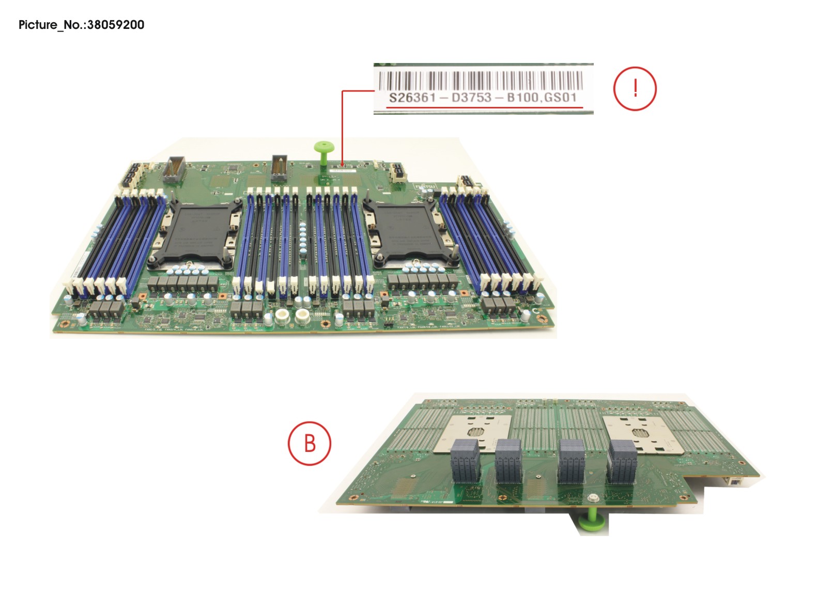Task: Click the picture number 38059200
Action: click(x=116, y=25)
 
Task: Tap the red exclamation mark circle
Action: click(x=635, y=88)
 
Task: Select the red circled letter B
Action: click(x=309, y=443)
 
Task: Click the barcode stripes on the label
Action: click(x=481, y=81)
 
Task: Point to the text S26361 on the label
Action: click(x=412, y=98)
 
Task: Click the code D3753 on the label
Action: click(x=471, y=98)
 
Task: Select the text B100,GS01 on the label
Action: click(x=542, y=98)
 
